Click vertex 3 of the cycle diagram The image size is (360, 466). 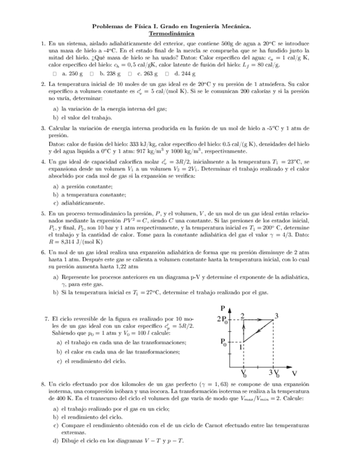[276, 315]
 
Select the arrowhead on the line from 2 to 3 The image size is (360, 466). [260, 319]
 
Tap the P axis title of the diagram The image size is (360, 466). [223, 308]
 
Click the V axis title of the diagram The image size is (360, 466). [294, 373]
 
